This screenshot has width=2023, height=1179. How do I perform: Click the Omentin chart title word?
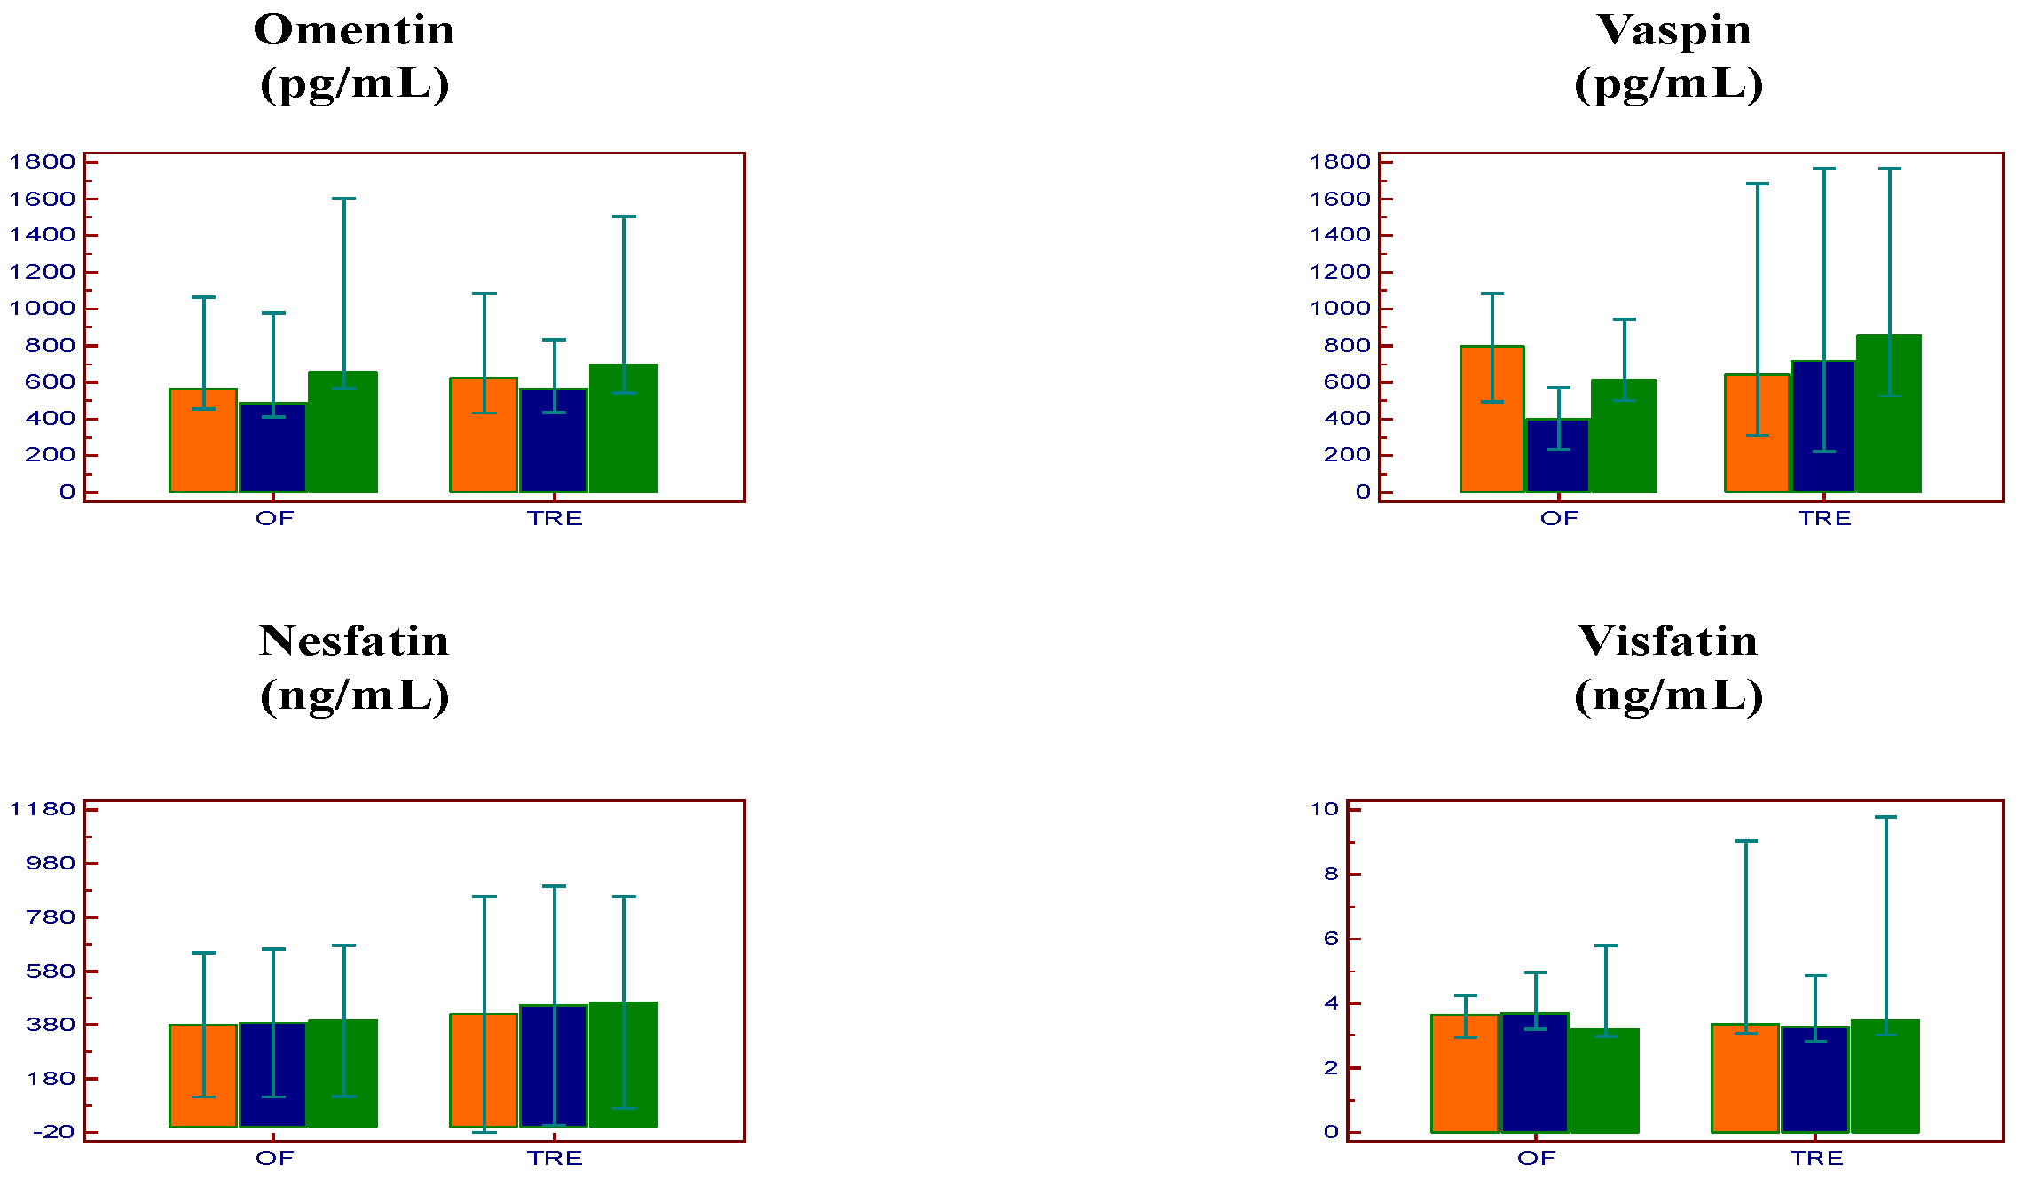pyautogui.click(x=354, y=30)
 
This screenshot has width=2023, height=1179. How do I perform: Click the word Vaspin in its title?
pyautogui.click(x=1673, y=30)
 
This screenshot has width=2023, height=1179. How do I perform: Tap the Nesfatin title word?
pyautogui.click(x=354, y=641)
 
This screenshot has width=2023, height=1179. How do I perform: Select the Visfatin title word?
pyautogui.click(x=1667, y=641)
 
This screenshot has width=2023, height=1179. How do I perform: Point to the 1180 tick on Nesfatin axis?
pyautogui.click(x=42, y=809)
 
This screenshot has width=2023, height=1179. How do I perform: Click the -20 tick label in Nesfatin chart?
pyautogui.click(x=53, y=1132)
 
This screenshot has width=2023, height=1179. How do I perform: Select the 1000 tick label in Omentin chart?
pyautogui.click(x=42, y=309)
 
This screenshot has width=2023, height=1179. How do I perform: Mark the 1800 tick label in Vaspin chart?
pyautogui.click(x=1340, y=161)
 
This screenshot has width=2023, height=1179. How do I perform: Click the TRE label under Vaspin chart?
pyautogui.click(x=1824, y=519)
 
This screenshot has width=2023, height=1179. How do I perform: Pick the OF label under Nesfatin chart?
pyautogui.click(x=274, y=1159)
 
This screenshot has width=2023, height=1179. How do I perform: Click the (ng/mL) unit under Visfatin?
pyautogui.click(x=1668, y=696)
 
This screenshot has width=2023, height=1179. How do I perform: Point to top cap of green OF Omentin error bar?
pyautogui.click(x=343, y=199)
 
